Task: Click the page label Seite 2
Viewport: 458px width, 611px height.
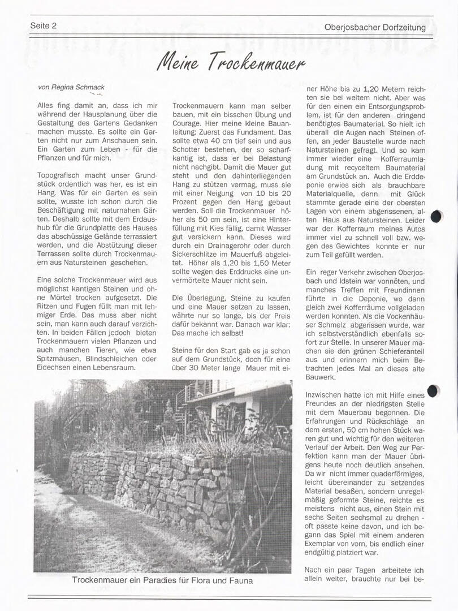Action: click(44, 25)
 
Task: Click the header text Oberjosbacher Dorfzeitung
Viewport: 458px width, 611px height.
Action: click(375, 27)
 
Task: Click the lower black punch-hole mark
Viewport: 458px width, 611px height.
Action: click(434, 390)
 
